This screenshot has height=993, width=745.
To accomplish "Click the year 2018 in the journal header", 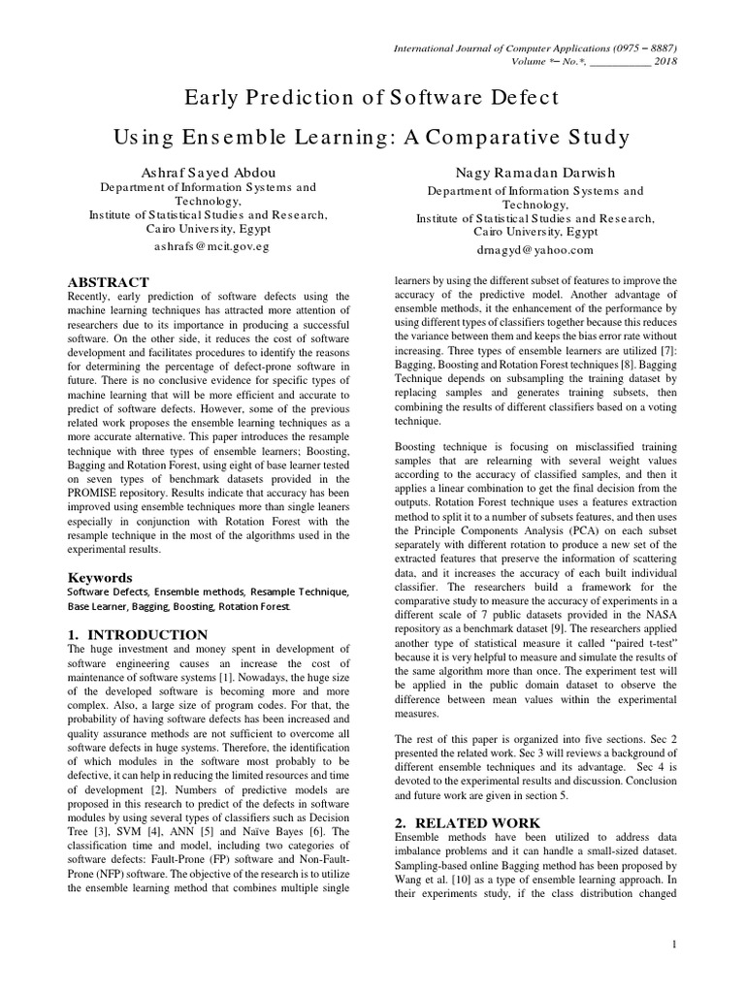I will tap(664, 61).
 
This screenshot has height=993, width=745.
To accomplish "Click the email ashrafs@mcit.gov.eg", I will tap(211, 246).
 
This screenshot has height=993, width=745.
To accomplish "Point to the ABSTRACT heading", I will tap(108, 281).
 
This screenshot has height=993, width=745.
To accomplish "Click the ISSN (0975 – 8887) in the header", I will tap(633, 47).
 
